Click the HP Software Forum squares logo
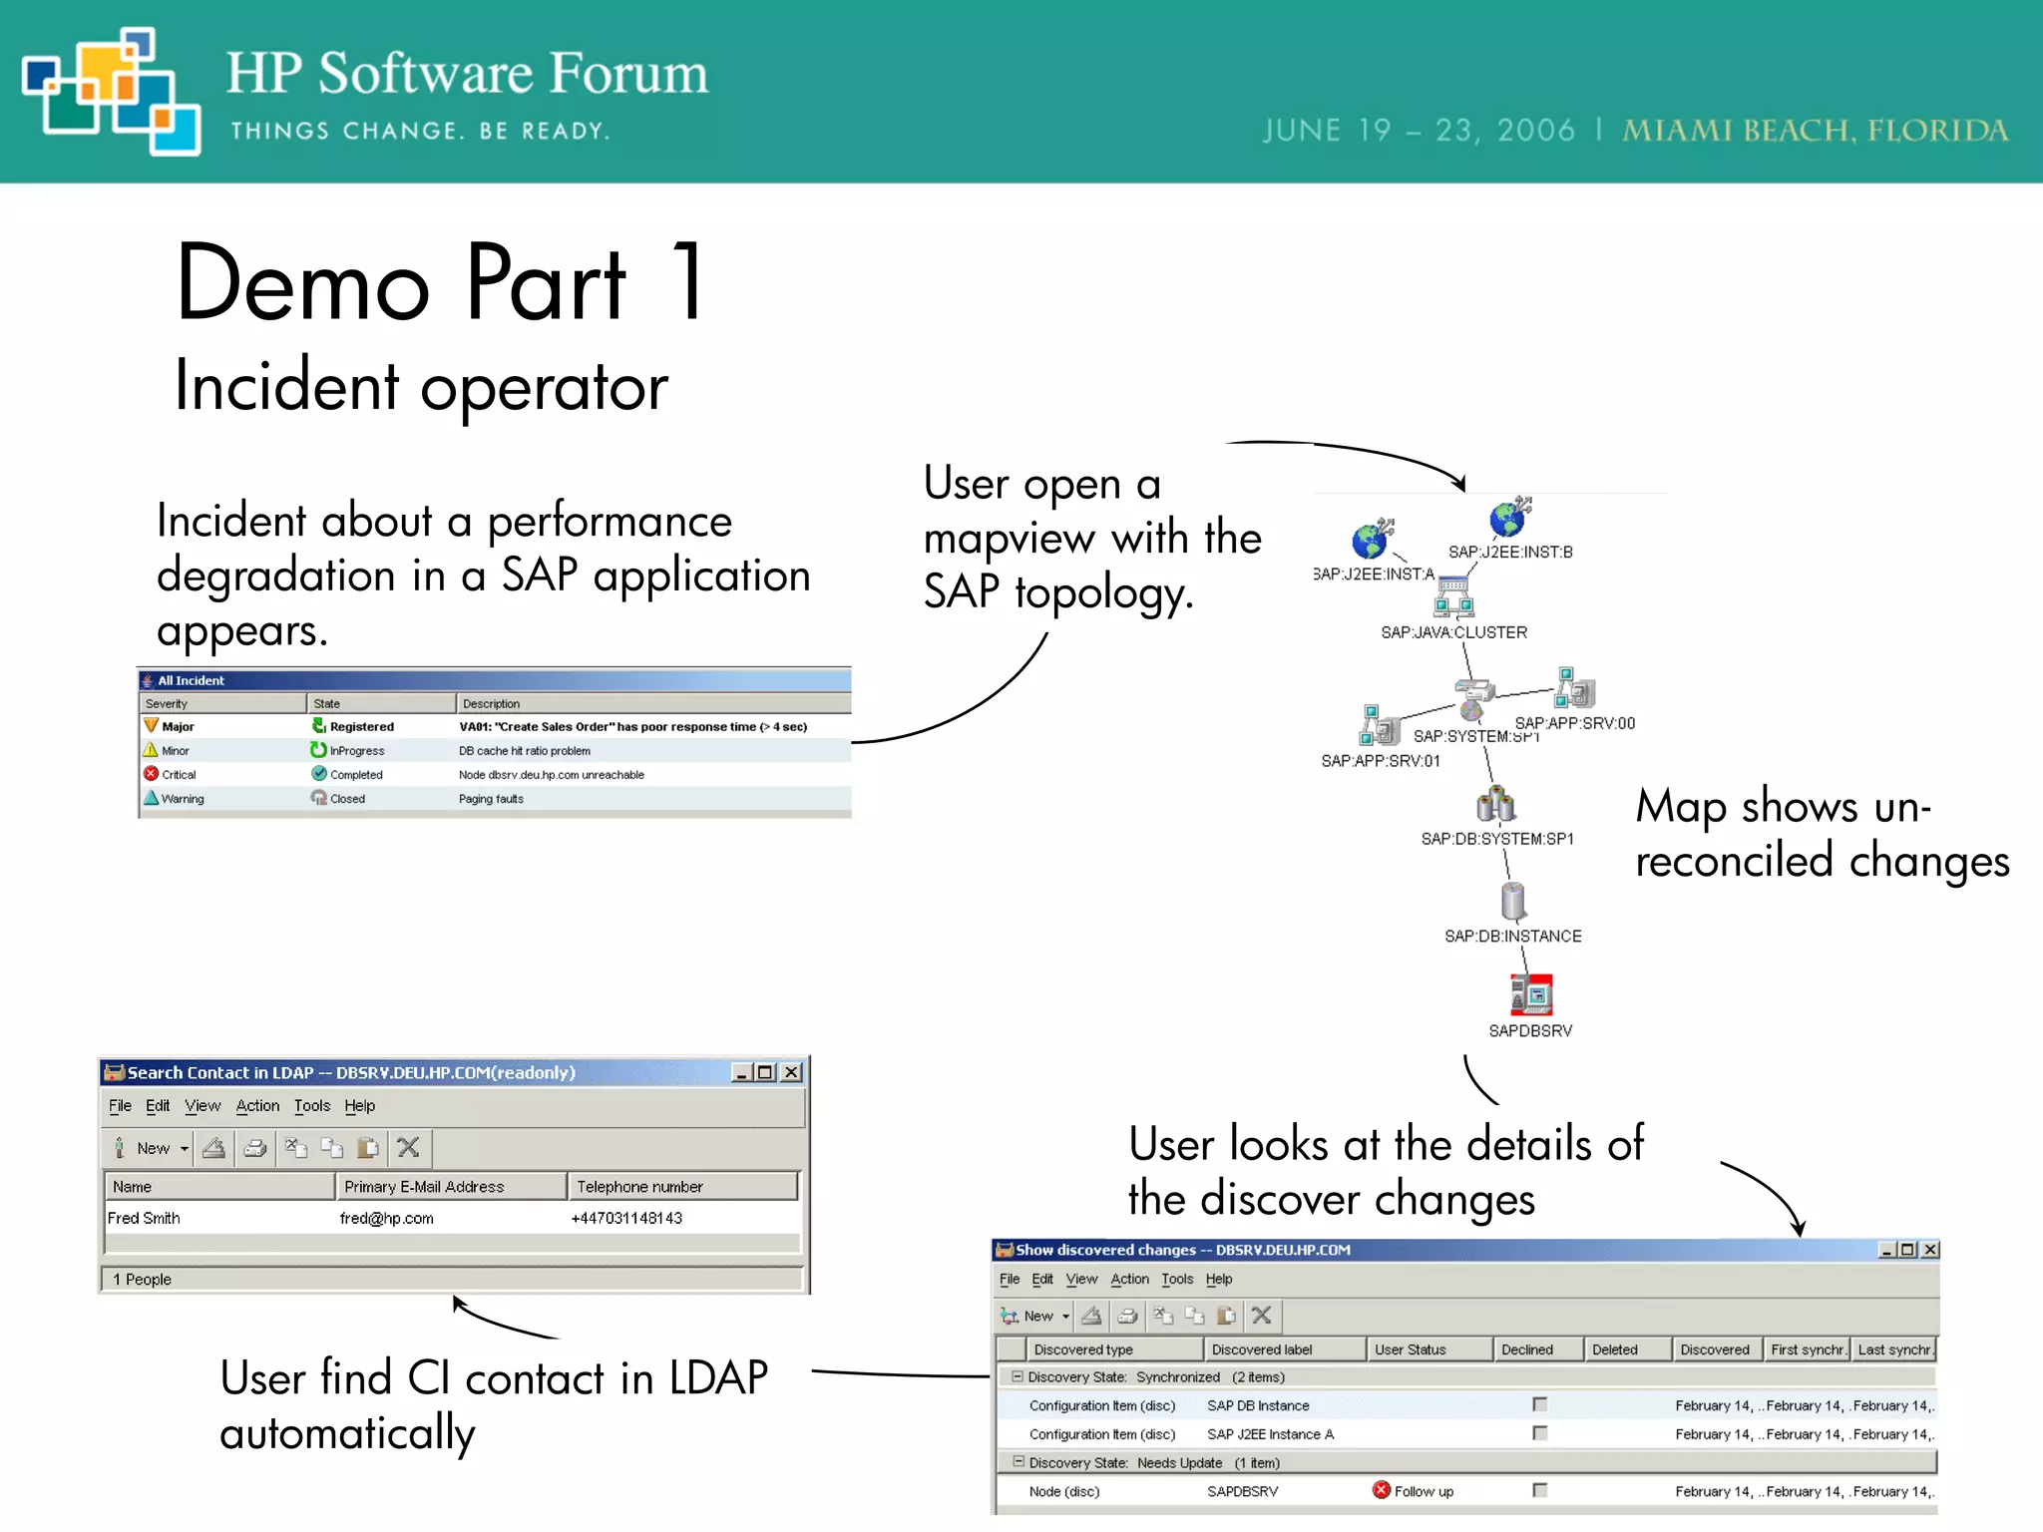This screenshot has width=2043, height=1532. click(110, 92)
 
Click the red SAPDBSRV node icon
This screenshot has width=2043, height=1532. click(1531, 994)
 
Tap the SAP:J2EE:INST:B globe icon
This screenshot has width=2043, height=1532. click(1509, 518)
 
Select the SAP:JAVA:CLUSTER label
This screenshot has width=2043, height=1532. click(1453, 632)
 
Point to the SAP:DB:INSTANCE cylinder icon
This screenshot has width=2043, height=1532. click(1513, 901)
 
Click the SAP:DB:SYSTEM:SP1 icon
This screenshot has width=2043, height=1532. click(1495, 804)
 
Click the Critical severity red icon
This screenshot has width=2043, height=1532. click(152, 774)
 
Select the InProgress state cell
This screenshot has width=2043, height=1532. click(356, 751)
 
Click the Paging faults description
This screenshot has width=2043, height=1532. click(491, 799)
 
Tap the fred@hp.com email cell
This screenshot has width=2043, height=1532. click(386, 1218)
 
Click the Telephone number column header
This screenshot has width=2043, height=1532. click(639, 1187)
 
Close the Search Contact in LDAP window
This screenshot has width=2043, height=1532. click(791, 1072)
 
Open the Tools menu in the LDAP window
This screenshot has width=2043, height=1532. click(311, 1106)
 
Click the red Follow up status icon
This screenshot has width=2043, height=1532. click(1382, 1490)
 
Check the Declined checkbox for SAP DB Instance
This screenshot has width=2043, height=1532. click(1539, 1404)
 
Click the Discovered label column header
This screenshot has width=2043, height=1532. click(1262, 1349)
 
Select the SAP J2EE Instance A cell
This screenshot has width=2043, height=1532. click(1270, 1434)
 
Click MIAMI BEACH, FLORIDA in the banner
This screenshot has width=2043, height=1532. click(1815, 131)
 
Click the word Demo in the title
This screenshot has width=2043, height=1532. click(302, 284)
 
